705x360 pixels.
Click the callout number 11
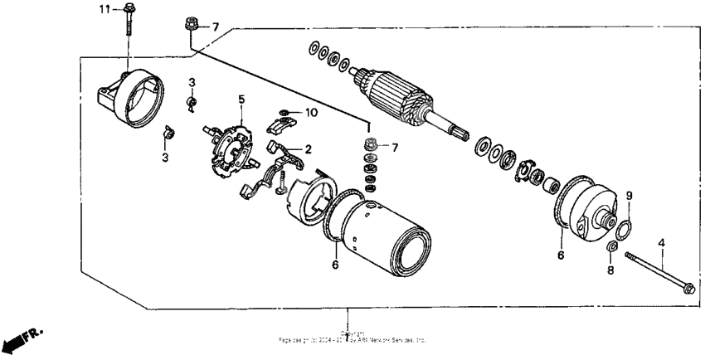pos(105,9)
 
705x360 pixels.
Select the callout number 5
pos(241,100)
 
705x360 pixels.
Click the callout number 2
pos(308,149)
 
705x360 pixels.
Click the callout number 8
pos(610,270)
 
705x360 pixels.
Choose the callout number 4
pos(661,243)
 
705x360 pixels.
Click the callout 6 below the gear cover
pos(561,256)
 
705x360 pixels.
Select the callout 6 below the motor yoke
pos(334,265)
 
